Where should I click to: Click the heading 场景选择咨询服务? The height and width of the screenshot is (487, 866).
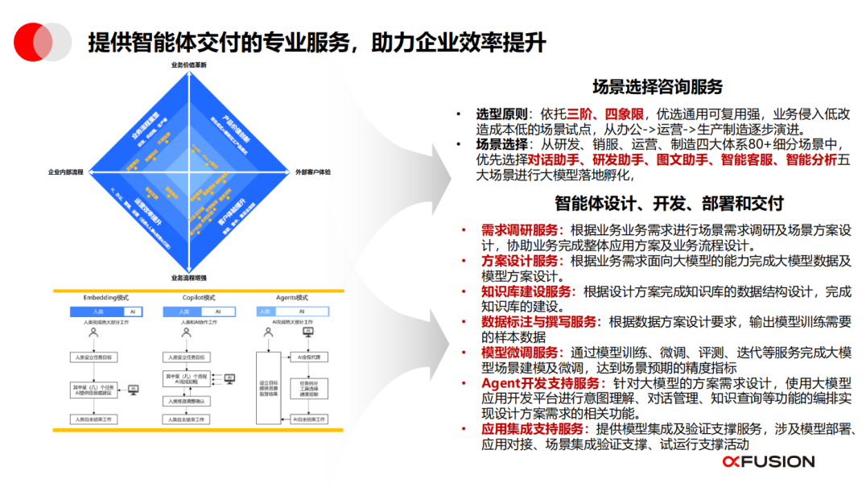(658, 86)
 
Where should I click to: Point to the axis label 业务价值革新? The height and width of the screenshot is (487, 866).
(189, 64)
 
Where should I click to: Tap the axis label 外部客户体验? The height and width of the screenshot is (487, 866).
(313, 172)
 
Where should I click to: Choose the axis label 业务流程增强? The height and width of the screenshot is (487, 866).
(189, 278)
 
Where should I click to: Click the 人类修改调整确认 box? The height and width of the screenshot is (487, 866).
(187, 401)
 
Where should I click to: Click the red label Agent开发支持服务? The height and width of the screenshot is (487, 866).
(540, 383)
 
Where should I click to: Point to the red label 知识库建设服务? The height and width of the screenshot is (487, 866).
(526, 291)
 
